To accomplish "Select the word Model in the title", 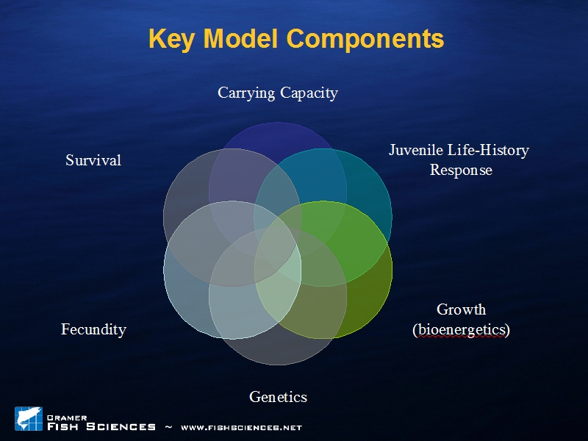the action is (x=240, y=38).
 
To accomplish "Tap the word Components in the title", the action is (x=365, y=39).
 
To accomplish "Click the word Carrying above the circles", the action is (x=246, y=93).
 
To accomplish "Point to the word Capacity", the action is (x=309, y=93).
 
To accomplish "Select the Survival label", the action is (x=93, y=160).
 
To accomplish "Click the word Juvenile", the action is (x=415, y=150).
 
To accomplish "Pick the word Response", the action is (x=461, y=171).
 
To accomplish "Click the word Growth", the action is (x=462, y=309).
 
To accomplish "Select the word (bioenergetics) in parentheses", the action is (x=462, y=330).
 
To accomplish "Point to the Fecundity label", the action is (x=94, y=329).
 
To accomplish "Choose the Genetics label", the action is (x=279, y=397).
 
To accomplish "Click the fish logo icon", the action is (x=29, y=418).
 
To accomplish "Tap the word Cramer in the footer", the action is (x=67, y=417).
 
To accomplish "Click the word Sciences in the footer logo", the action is (x=121, y=427).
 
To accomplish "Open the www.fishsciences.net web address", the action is (x=241, y=428).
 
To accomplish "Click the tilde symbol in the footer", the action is (x=168, y=427).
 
